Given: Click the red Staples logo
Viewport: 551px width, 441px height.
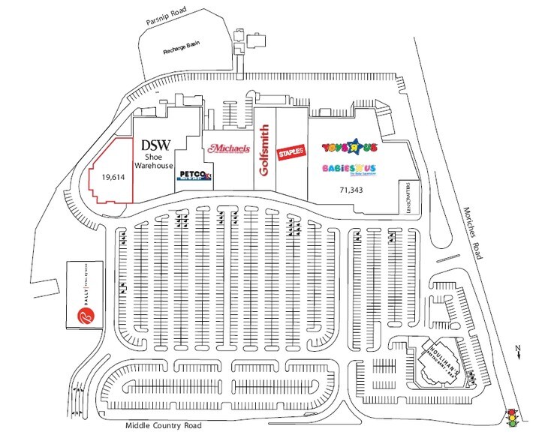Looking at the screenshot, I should pyautogui.click(x=291, y=152).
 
